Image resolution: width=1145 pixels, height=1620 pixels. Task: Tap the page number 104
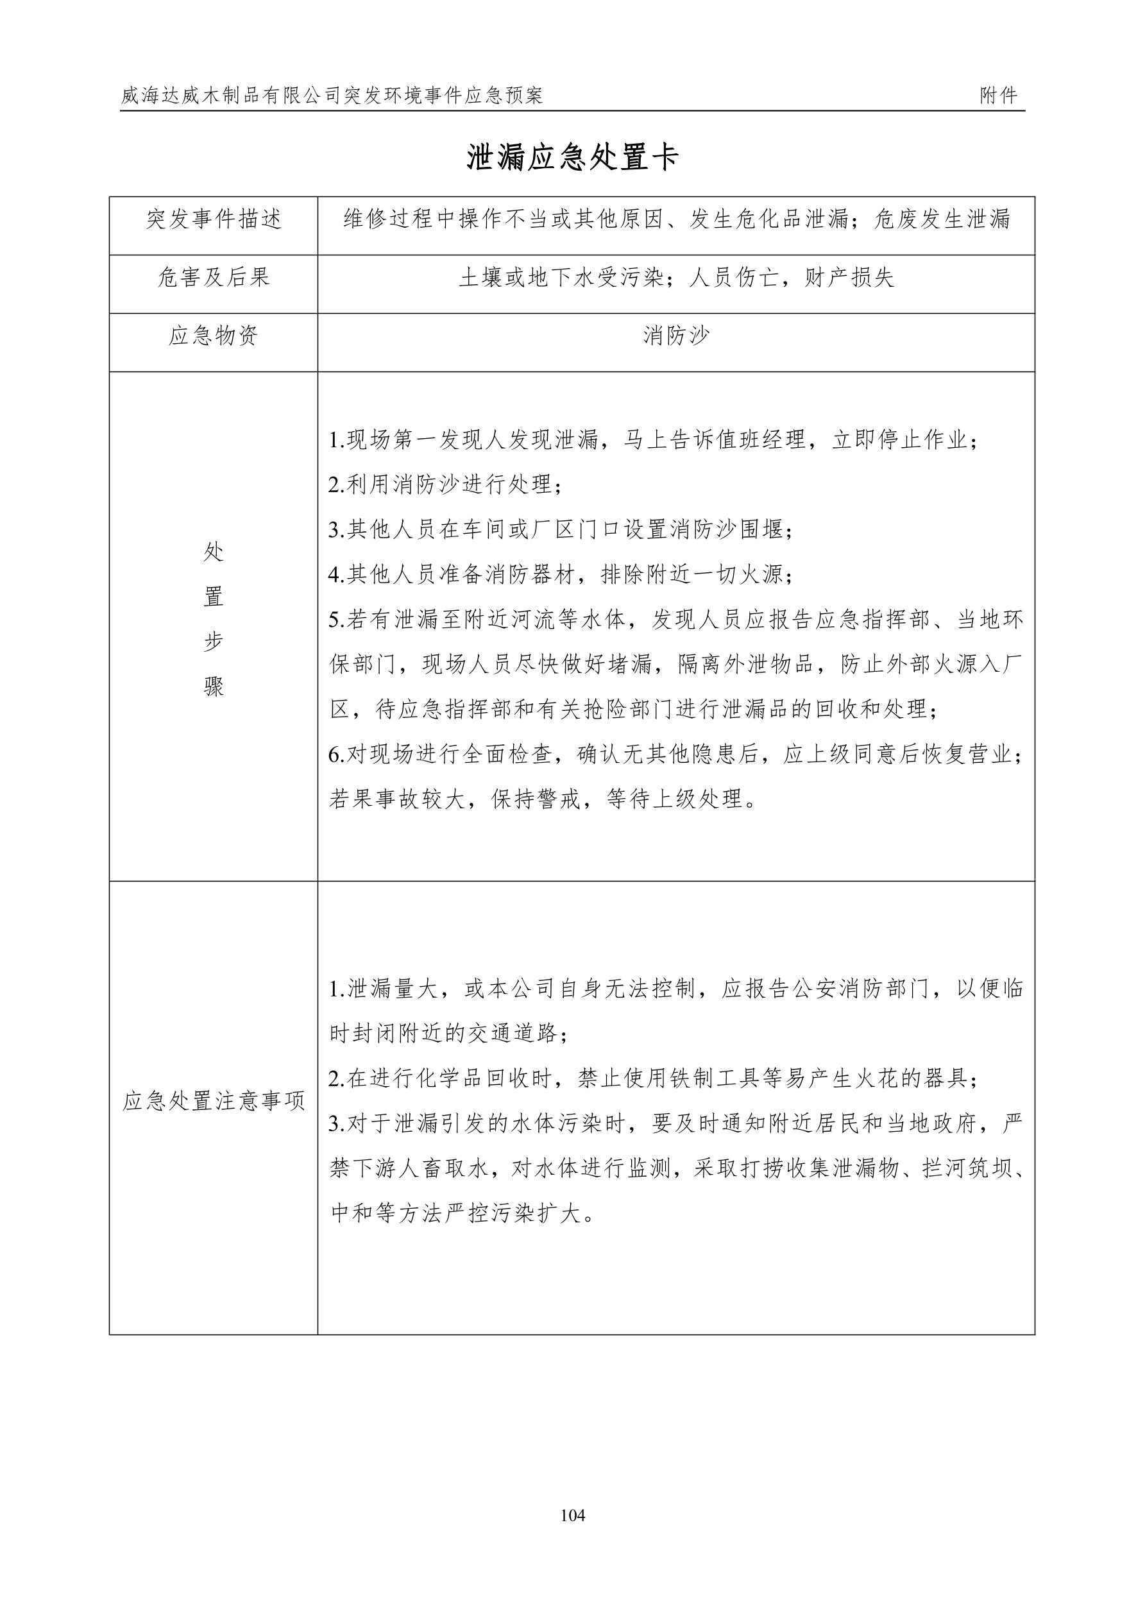[x=572, y=1515]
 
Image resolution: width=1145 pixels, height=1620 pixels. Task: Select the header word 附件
[x=998, y=96]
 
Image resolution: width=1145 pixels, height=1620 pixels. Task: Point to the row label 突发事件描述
[x=214, y=219]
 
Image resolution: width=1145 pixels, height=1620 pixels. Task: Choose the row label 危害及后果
[x=214, y=277]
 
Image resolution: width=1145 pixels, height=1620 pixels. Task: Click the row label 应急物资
[x=214, y=336]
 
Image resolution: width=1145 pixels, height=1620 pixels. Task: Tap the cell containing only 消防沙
[x=676, y=336]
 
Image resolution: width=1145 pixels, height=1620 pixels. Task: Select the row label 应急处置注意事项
[x=214, y=1101]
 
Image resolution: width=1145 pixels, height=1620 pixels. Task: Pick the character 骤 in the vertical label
[x=214, y=686]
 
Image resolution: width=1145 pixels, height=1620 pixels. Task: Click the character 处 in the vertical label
[x=214, y=552]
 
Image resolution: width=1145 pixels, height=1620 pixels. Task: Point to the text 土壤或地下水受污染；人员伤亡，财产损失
[x=676, y=277]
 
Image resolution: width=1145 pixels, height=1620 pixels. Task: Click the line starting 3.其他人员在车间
[x=561, y=529]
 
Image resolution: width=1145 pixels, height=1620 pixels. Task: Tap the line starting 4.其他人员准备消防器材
[x=561, y=574]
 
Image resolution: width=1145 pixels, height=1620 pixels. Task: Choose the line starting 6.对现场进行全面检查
[x=676, y=755]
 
